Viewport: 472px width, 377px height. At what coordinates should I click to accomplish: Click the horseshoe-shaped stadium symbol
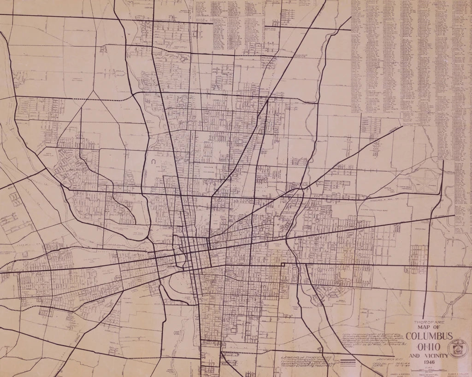(152, 162)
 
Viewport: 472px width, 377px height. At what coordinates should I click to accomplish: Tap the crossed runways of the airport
(421, 183)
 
